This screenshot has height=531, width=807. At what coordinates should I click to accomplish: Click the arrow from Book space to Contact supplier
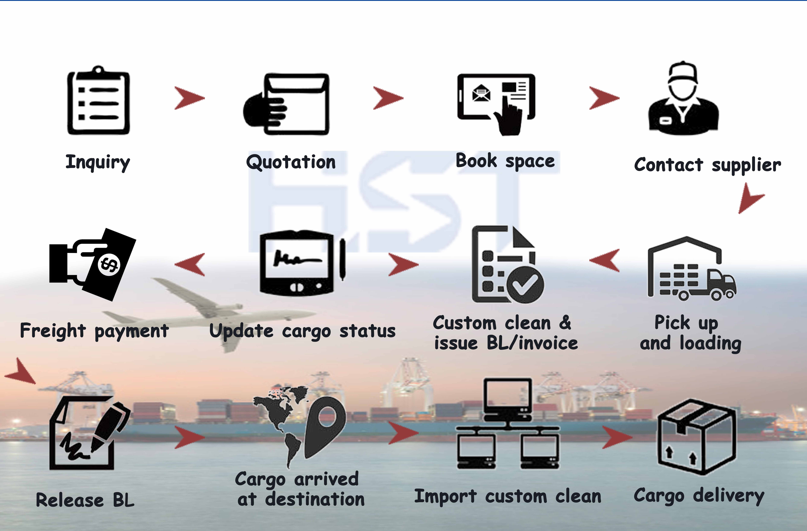[x=604, y=98]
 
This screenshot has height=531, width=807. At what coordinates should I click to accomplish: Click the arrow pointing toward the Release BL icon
[x=21, y=372]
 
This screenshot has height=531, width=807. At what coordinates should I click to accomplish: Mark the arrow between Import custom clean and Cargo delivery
[x=616, y=437]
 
